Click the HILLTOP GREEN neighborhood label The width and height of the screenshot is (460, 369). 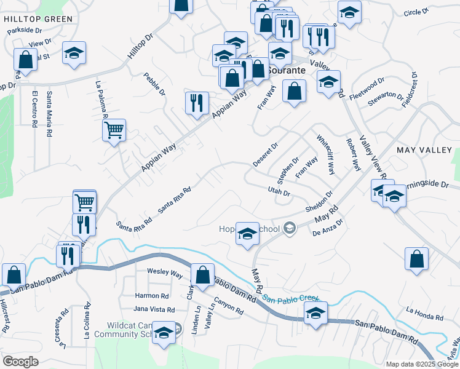pyautogui.click(x=38, y=19)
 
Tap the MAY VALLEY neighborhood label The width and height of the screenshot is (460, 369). pyautogui.click(x=424, y=150)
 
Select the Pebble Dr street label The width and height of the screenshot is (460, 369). pyautogui.click(x=154, y=84)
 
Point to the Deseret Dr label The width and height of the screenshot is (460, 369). pyautogui.click(x=265, y=156)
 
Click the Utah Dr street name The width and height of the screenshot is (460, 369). pyautogui.click(x=278, y=192)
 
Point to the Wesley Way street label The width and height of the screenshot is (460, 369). pyautogui.click(x=164, y=272)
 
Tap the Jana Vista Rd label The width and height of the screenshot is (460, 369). pyautogui.click(x=155, y=310)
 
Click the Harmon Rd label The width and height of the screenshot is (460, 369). pyautogui.click(x=152, y=295)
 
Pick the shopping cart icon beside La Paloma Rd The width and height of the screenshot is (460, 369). pyautogui.click(x=114, y=130)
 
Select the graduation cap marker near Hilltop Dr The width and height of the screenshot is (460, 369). pyautogui.click(x=74, y=52)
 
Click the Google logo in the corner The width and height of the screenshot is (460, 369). pyautogui.click(x=20, y=362)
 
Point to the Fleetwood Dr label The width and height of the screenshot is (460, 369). pyautogui.click(x=366, y=89)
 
